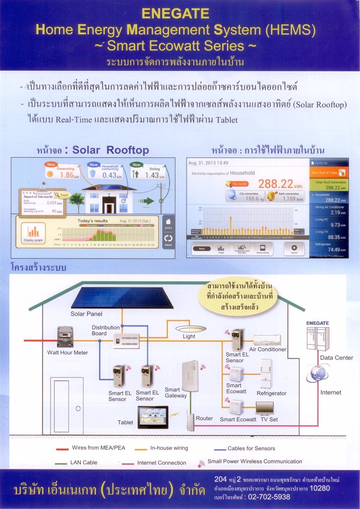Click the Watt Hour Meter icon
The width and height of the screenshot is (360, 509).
[x=65, y=337]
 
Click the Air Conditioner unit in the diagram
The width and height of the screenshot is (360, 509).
[x=267, y=340]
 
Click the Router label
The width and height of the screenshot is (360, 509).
[x=204, y=419]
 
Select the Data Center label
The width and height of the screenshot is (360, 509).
[x=337, y=358]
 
